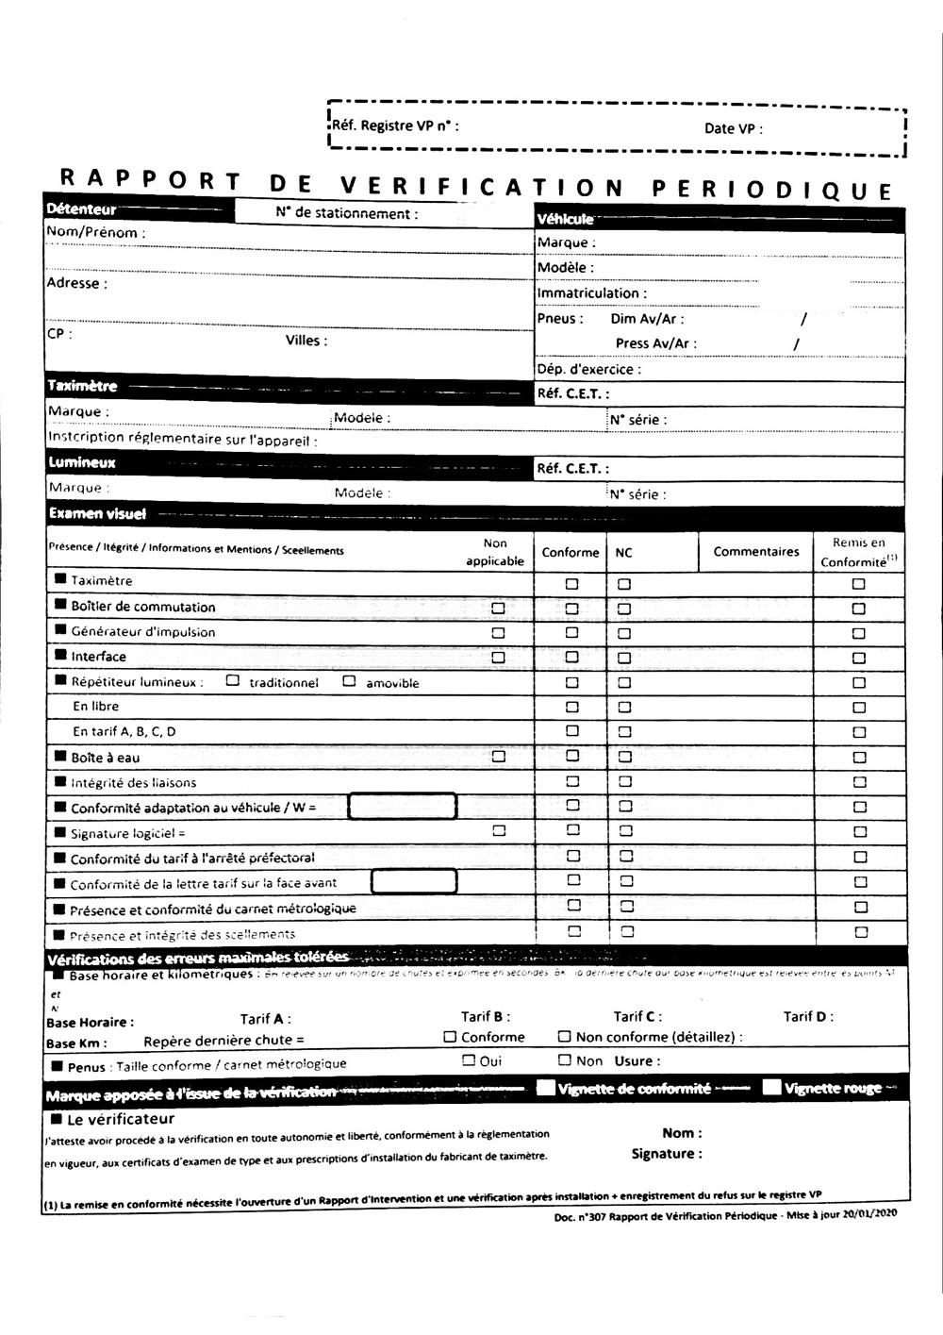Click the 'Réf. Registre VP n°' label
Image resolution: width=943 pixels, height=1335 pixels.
point(395,125)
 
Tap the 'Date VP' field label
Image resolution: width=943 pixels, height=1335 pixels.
point(733,128)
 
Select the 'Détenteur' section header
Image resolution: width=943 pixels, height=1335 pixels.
point(81,209)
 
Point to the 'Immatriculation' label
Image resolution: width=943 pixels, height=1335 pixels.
point(591,293)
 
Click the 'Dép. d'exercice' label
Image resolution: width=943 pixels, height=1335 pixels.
point(588,369)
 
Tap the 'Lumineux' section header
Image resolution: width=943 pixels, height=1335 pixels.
point(82,462)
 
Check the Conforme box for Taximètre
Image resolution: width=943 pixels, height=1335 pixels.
point(571,584)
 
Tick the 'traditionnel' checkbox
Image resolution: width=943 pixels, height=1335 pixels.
point(233,680)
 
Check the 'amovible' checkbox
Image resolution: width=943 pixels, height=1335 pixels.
point(349,680)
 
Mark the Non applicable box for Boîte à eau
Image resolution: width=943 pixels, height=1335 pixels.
point(498,756)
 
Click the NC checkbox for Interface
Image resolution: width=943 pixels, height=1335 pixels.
point(623,658)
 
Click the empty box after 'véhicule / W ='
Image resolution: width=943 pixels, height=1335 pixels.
point(403,807)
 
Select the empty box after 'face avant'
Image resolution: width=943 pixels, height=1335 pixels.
point(414,882)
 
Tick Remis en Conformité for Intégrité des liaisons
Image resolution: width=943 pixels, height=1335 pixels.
point(859,782)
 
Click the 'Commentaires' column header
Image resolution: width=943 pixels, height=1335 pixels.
point(755,552)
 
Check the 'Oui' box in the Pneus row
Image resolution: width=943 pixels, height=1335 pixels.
point(469,1060)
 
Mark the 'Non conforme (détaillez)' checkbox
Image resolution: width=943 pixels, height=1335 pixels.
point(564,1036)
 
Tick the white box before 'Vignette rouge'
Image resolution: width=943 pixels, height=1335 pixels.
point(771,1087)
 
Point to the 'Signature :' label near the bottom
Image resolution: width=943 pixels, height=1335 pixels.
point(667,1154)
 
